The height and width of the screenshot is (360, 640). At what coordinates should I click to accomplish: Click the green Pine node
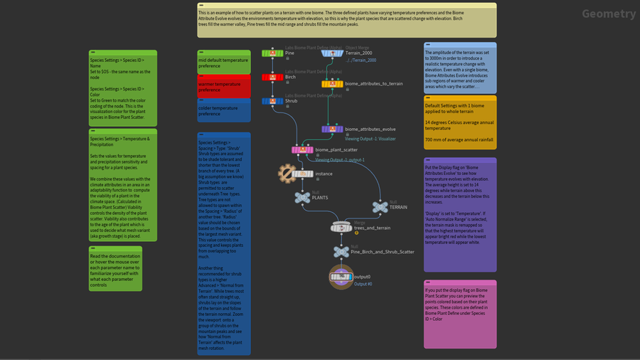tap(273, 53)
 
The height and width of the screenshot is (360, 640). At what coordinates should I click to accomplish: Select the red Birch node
tap(273, 77)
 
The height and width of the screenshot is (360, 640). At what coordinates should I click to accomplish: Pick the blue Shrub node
tap(273, 101)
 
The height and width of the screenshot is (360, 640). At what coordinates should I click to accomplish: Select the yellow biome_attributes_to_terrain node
tap(333, 84)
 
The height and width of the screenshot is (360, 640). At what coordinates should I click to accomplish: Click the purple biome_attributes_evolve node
tap(333, 129)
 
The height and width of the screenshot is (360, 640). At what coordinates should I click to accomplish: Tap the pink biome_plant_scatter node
tap(303, 149)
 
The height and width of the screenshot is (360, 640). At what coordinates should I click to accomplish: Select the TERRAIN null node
tap(379, 206)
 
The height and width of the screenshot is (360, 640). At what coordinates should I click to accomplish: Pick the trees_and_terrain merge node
tap(342, 228)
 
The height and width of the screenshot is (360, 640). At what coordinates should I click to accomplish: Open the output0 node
tap(341, 276)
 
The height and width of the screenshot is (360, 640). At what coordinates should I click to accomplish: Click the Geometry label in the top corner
tap(609, 14)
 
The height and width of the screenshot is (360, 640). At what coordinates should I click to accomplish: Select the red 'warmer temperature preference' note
tap(224, 87)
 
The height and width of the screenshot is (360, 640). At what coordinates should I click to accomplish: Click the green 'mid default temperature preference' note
tap(224, 63)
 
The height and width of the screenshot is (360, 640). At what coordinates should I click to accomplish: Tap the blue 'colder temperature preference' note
tap(224, 111)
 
